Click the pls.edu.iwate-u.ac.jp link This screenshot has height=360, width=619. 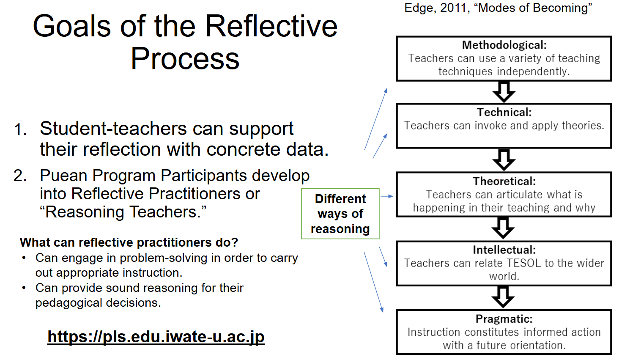[x=156, y=337]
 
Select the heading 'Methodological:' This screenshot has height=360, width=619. [x=504, y=45]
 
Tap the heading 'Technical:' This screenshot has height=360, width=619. [x=504, y=112]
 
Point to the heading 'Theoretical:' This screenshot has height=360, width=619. [x=504, y=181]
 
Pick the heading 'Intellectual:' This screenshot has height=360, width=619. [x=504, y=250]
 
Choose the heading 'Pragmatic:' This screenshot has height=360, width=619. [x=504, y=319]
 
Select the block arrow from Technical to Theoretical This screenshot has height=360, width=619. [x=504, y=160]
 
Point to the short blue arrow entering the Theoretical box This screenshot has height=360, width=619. [x=387, y=196]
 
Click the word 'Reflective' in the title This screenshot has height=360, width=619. [x=271, y=27]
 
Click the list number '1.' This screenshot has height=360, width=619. [x=20, y=129]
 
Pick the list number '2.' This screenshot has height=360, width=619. [x=20, y=176]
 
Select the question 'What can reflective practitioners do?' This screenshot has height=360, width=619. [x=129, y=242]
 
